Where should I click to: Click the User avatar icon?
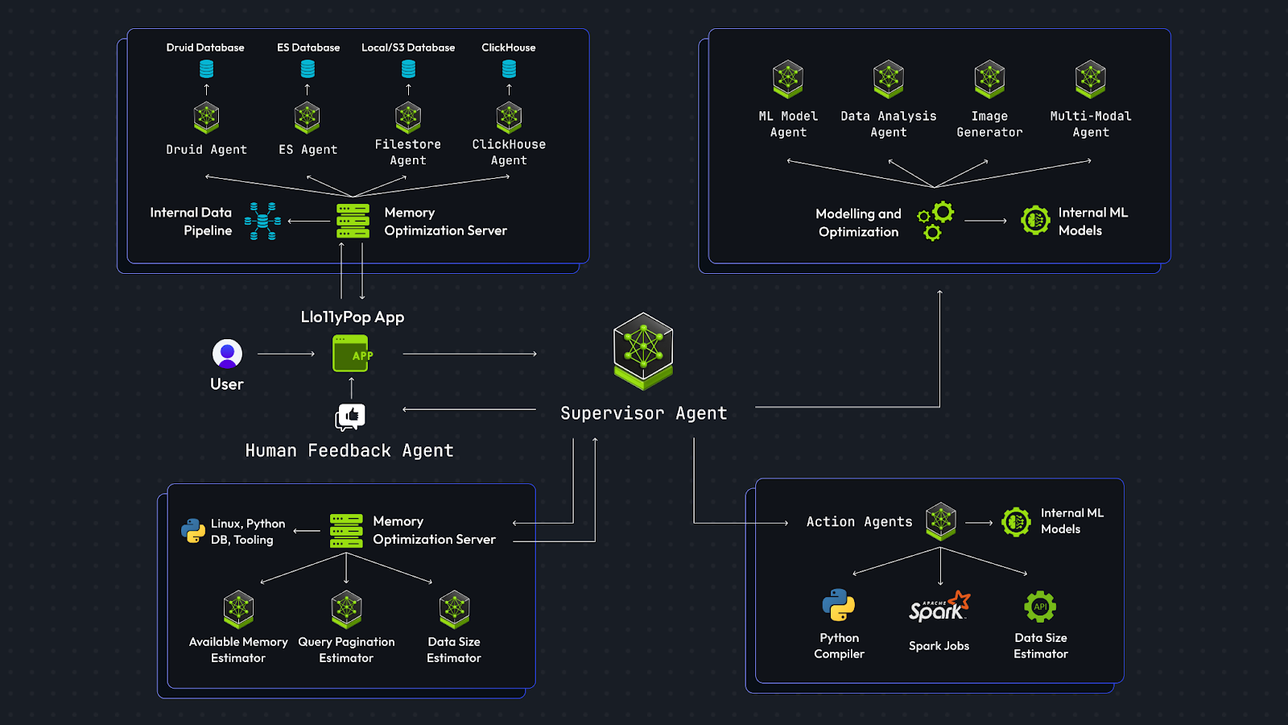pos(227,354)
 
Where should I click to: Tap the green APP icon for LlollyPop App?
pos(352,354)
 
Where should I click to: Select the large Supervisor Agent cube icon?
pos(643,350)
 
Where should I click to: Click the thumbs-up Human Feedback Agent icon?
pos(350,416)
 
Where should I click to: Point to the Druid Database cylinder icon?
pos(206,69)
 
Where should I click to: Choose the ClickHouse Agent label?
pos(509,152)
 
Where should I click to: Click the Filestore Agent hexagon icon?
pos(408,118)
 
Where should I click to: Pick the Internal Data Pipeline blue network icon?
pos(262,222)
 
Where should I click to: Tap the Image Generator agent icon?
pos(989,79)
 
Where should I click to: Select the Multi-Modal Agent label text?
pos(1091,124)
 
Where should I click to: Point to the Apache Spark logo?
pos(939,607)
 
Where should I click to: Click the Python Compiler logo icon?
pos(838,605)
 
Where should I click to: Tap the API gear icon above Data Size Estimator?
pos(1040,607)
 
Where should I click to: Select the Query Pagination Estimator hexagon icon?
pos(346,609)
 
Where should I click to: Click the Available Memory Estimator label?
pos(238,650)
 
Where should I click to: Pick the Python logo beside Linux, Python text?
pos(193,531)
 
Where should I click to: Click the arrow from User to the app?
pos(286,354)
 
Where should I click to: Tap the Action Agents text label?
pos(859,522)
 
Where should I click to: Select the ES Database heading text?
pos(308,48)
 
